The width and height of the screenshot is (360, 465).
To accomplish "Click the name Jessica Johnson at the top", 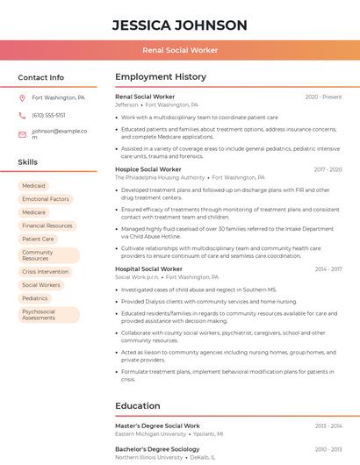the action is (x=180, y=25).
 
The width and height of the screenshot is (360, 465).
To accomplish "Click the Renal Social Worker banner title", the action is (x=180, y=50).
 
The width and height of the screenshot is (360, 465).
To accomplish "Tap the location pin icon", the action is (x=22, y=98).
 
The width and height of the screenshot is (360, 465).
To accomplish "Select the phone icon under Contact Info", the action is (x=22, y=116).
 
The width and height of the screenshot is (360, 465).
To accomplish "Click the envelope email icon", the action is (x=22, y=134).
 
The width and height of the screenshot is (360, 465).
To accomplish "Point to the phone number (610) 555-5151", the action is (x=48, y=116).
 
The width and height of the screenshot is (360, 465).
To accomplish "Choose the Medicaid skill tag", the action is (x=33, y=186).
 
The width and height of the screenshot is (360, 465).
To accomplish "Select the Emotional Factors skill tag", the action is (x=46, y=199).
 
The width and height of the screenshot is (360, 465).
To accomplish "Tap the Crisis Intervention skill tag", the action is (x=45, y=272).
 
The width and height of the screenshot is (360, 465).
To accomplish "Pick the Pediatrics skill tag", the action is (x=35, y=298).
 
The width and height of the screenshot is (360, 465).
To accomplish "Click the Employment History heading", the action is (x=161, y=77).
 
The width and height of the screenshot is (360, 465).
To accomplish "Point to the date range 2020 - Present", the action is (x=323, y=97).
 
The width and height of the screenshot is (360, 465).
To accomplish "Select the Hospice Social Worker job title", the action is (x=148, y=169).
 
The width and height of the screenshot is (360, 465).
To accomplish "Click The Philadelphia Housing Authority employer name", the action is (x=160, y=177).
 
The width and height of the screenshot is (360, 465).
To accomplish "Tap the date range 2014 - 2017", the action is (x=328, y=269).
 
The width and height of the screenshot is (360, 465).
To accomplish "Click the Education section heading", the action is (x=138, y=405).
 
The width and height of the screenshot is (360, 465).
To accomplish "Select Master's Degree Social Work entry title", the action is (x=157, y=426).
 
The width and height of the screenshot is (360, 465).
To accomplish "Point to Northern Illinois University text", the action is (x=150, y=457).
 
